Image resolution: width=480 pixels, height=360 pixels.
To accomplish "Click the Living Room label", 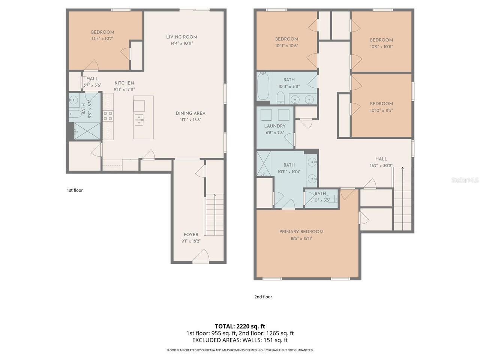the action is (x=181, y=37).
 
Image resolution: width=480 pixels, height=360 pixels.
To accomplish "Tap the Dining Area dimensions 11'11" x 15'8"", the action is (x=190, y=120).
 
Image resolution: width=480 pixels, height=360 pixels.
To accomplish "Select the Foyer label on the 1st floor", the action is (x=191, y=234).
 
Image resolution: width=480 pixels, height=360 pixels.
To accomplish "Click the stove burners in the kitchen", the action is (x=108, y=116).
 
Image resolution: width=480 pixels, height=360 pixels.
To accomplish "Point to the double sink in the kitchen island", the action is (x=139, y=120).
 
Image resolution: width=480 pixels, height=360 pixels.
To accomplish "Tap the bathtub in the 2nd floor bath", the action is (x=263, y=86).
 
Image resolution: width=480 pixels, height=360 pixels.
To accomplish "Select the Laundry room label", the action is (x=274, y=126).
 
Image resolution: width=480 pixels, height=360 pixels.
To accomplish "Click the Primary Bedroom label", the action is (x=301, y=232).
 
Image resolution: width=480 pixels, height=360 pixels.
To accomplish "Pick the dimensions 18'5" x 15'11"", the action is (x=301, y=238).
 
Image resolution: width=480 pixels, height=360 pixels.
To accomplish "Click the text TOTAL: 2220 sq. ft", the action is (x=240, y=326).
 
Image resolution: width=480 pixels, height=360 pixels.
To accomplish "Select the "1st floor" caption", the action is (x=75, y=190).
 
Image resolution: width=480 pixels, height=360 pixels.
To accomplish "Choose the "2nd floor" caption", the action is (x=263, y=297).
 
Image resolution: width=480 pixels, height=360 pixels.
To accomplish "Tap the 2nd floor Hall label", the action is (x=381, y=159).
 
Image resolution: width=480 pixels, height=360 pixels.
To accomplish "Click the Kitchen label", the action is (x=124, y=83).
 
